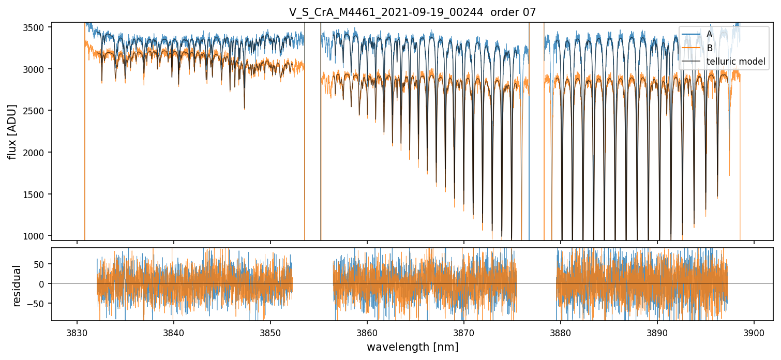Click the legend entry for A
709,34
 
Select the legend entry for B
709,48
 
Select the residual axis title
17,286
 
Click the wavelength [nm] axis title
412,347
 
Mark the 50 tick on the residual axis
40,264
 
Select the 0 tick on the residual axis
43,284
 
